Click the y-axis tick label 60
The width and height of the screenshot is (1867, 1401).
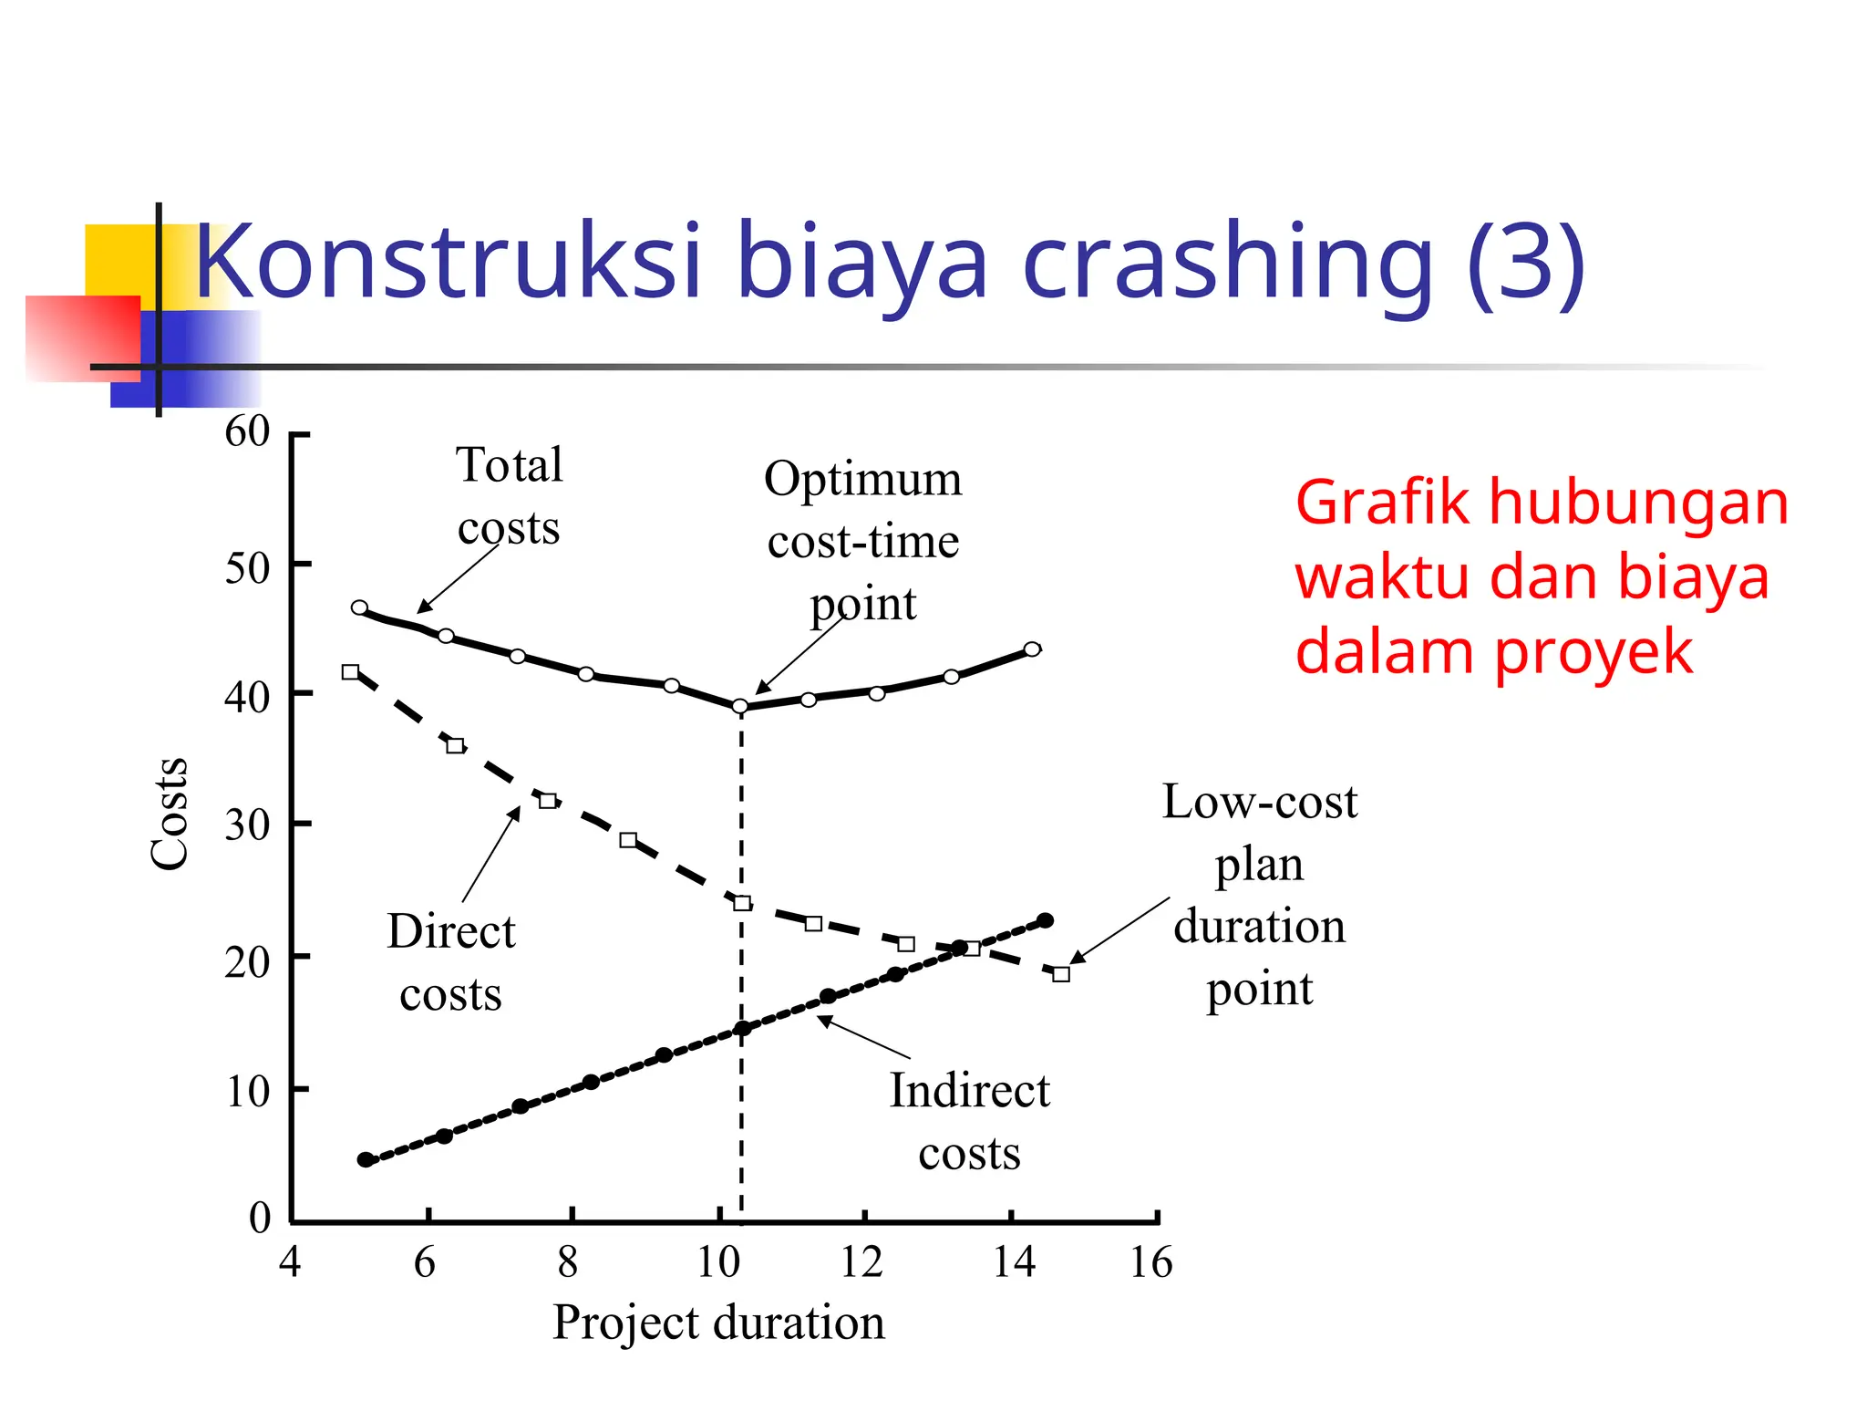coord(247,431)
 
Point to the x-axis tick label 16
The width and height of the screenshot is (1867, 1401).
coord(1150,1263)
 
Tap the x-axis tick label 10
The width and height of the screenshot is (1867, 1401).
coord(718,1263)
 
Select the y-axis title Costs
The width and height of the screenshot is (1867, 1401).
coord(170,814)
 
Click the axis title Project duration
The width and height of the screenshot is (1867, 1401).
coord(718,1323)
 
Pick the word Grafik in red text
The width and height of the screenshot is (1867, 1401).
coord(1382,503)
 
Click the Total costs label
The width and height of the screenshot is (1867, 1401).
coord(509,496)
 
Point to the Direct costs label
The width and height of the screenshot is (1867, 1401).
coord(451,962)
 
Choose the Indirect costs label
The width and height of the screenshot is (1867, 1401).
coord(969,1122)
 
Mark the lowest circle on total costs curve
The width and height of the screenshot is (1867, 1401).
coord(740,707)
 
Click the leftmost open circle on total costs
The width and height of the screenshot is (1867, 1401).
coord(359,607)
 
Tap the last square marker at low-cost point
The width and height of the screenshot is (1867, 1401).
coord(1061,974)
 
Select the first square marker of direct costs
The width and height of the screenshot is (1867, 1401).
coord(350,672)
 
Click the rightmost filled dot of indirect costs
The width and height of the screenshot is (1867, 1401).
coord(1046,921)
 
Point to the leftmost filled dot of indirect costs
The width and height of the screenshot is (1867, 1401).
coord(366,1160)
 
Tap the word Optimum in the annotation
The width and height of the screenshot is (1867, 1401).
coord(862,480)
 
